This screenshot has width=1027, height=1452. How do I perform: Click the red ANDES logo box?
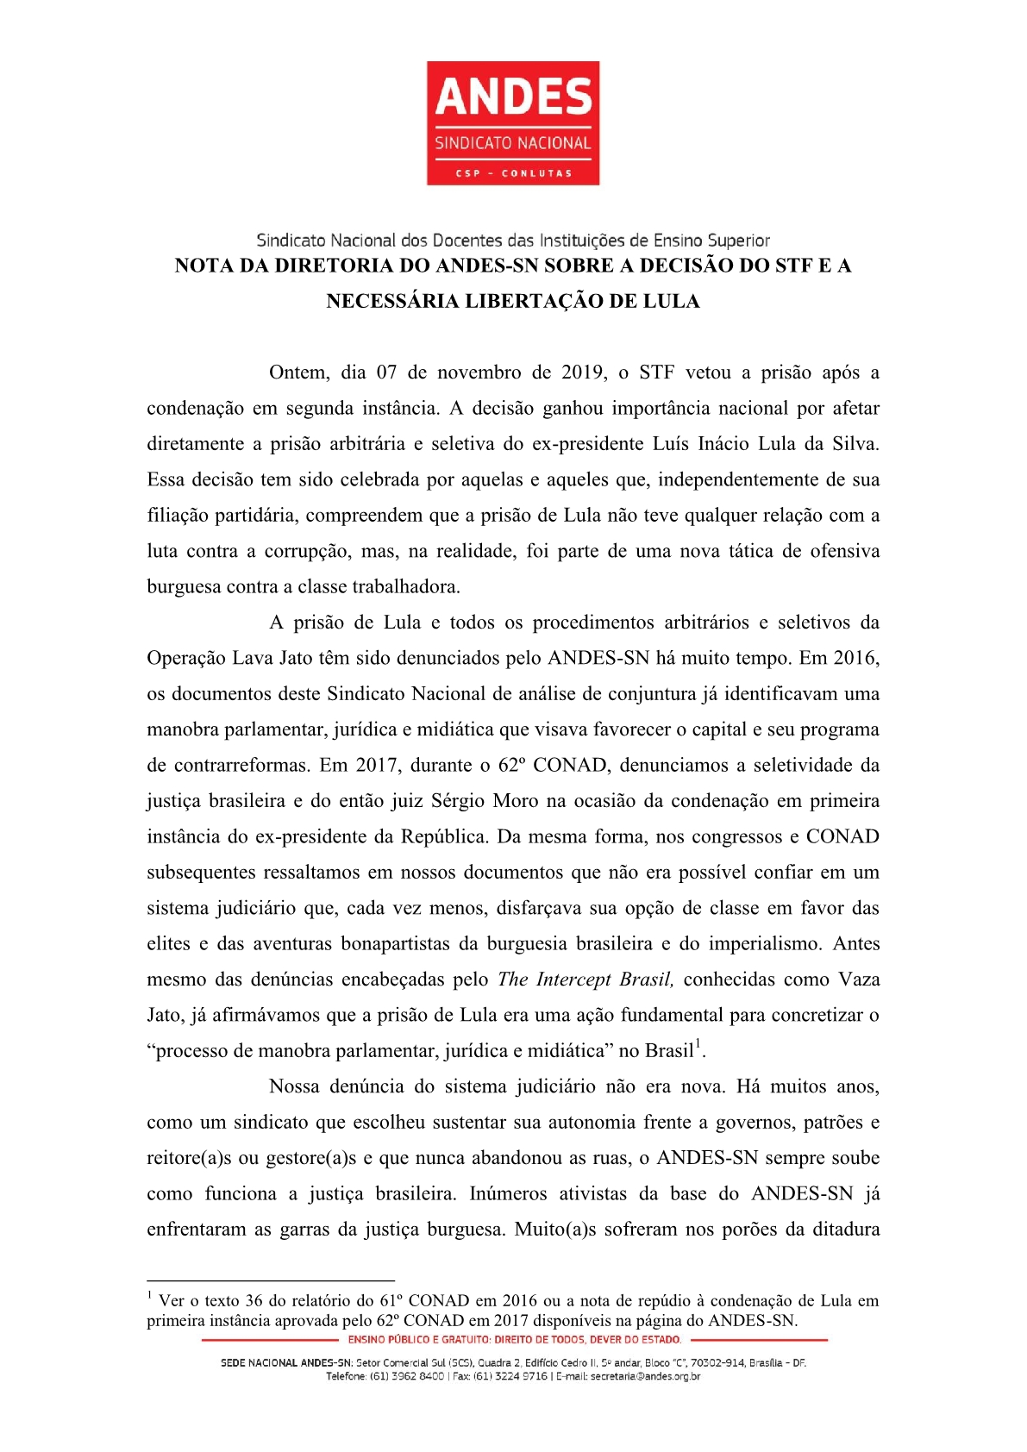(x=513, y=122)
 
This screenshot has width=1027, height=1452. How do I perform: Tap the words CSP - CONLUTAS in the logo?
(x=513, y=173)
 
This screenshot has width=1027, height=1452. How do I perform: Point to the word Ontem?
(x=298, y=372)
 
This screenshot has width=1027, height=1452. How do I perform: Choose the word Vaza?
(x=858, y=979)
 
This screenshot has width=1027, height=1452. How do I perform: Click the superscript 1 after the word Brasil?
(x=699, y=1045)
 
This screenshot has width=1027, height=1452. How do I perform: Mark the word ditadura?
(x=846, y=1230)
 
